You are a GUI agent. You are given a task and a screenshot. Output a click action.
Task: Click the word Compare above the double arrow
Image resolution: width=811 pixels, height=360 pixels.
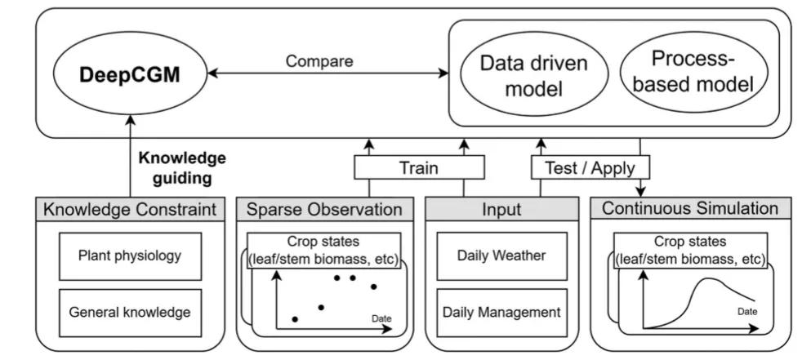(319, 61)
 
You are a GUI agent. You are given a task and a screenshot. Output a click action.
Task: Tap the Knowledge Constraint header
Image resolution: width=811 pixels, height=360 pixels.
(131, 209)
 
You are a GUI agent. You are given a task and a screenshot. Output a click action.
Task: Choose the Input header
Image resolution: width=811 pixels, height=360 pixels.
(506, 209)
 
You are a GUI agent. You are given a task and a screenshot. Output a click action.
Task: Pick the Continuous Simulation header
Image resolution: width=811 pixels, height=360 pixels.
(690, 209)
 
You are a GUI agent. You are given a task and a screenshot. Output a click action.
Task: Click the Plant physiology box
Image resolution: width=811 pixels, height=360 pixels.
(131, 256)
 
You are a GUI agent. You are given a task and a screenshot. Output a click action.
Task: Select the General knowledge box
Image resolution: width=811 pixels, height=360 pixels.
(131, 311)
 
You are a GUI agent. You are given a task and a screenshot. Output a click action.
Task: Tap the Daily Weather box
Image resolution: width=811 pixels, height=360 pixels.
(505, 256)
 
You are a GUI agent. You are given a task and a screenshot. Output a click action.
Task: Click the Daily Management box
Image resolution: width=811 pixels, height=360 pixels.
(505, 311)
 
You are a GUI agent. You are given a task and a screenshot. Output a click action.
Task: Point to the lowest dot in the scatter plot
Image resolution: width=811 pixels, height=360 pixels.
(295, 319)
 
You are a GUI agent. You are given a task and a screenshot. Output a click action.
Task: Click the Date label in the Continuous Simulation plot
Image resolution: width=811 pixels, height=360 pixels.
(747, 311)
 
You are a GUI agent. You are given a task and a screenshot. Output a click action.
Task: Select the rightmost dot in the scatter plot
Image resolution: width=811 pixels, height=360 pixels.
(374, 287)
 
